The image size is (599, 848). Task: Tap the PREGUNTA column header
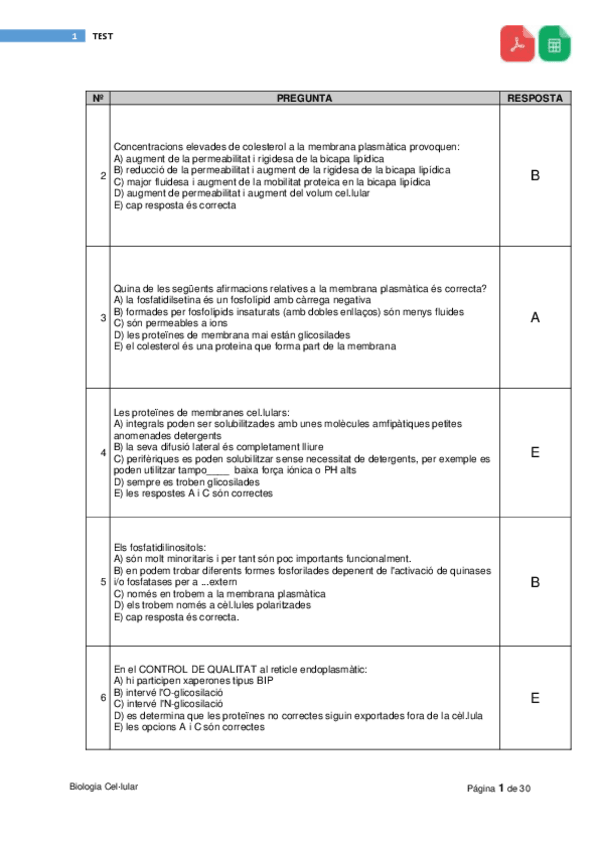click(x=304, y=98)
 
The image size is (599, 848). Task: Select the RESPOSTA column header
click(x=535, y=98)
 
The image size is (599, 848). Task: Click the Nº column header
click(x=98, y=98)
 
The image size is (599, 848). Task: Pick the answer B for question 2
click(x=535, y=176)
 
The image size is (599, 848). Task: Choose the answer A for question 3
click(x=535, y=318)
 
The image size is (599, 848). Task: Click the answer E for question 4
click(x=535, y=453)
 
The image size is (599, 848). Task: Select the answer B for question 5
click(x=535, y=581)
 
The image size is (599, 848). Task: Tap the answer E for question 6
click(x=535, y=698)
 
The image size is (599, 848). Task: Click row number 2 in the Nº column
click(x=104, y=177)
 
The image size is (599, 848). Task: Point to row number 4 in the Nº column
click(x=104, y=453)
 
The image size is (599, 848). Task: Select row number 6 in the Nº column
click(x=104, y=698)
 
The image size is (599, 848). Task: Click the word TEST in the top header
click(x=103, y=36)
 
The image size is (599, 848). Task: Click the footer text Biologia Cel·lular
click(x=104, y=786)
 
